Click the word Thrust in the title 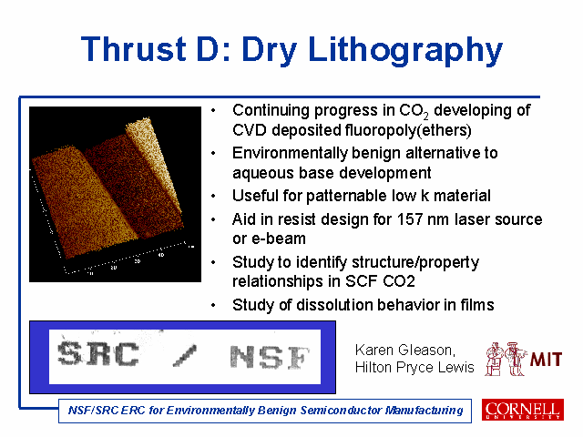134,48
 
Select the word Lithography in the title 405,51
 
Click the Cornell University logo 523,410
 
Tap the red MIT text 546,360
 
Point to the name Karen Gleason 404,350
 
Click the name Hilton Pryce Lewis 414,367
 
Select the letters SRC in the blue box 98,354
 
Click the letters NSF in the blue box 270,357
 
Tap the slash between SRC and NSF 185,356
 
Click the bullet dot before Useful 213,197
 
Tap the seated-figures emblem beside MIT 506,359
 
